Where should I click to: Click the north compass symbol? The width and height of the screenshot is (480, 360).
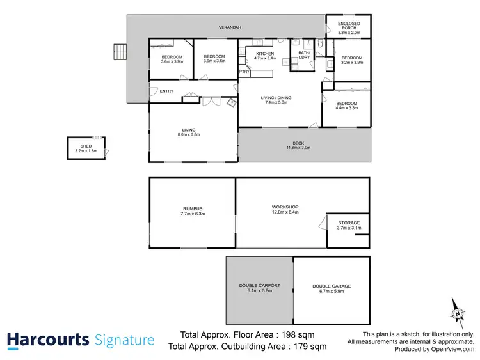[458, 312]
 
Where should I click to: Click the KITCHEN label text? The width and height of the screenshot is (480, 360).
[265, 54]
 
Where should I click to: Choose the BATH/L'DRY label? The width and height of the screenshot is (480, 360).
[304, 55]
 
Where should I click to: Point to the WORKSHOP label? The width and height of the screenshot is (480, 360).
[285, 207]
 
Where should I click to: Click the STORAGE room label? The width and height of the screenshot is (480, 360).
[349, 223]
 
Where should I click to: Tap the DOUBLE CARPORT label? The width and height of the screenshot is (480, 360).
[259, 285]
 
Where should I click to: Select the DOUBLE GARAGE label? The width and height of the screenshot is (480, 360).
[332, 286]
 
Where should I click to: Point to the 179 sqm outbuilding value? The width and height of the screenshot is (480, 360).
[309, 347]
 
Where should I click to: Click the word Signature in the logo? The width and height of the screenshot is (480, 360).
[124, 340]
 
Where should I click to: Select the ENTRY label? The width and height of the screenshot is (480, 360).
[166, 91]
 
